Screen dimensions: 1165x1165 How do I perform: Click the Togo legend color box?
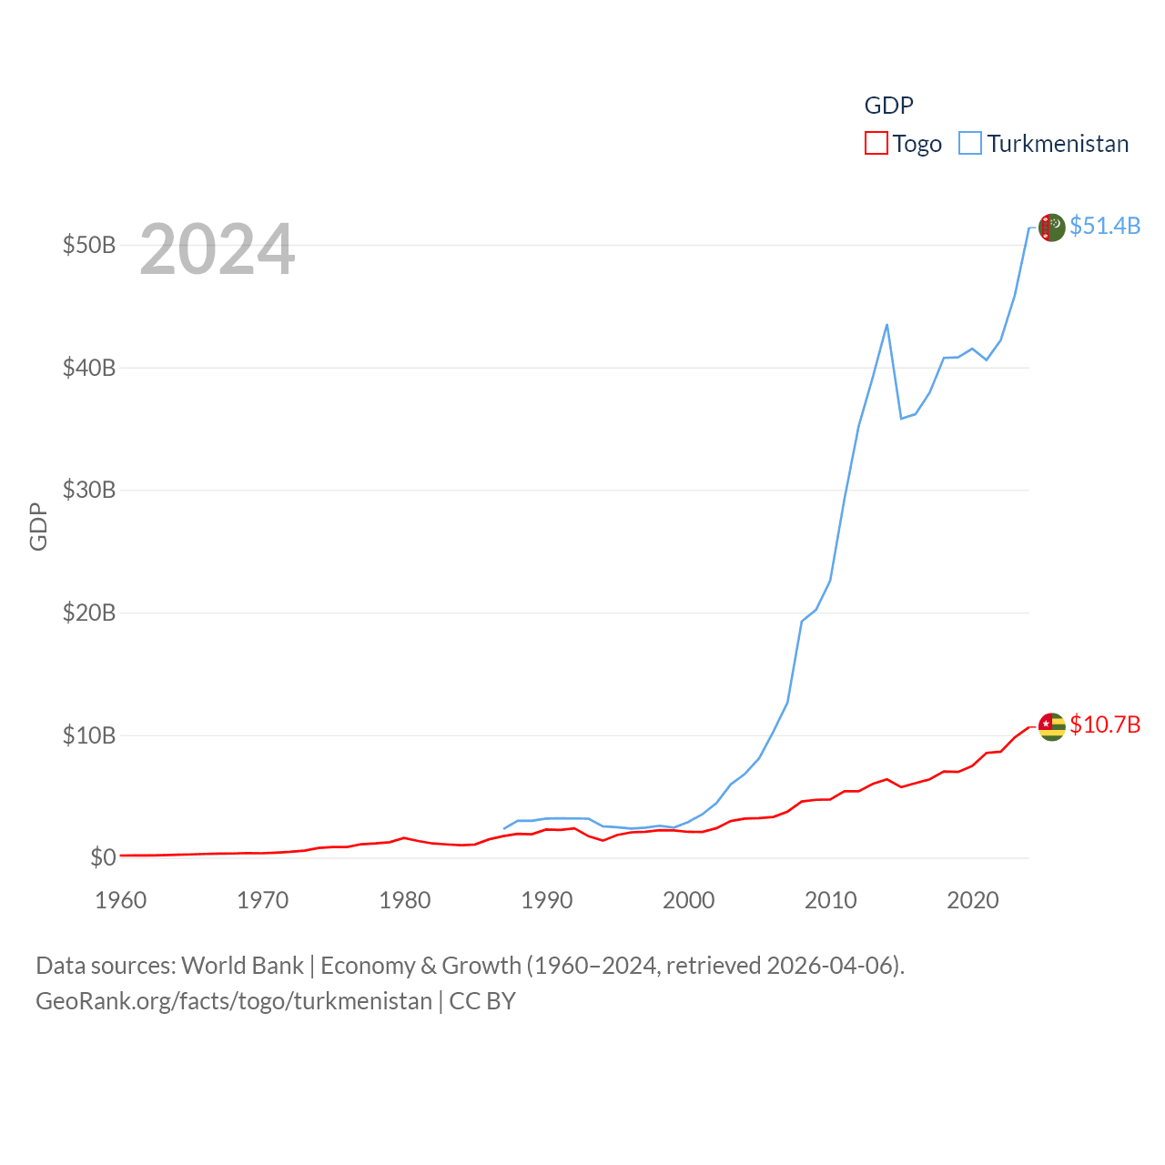[876, 144]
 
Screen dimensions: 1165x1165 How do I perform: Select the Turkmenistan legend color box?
[970, 144]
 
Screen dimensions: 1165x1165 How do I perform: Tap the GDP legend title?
[888, 106]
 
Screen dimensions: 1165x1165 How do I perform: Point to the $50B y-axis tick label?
[89, 246]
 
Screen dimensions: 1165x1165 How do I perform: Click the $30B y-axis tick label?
[89, 491]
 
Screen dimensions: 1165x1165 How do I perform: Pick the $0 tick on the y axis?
[103, 857]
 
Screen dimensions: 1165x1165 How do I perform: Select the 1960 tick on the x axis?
[121, 900]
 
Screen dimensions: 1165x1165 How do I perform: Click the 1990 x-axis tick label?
[547, 900]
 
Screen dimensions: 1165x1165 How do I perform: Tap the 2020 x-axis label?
[973, 900]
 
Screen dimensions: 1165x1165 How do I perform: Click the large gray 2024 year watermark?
[217, 249]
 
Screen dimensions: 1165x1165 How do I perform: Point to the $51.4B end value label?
[1105, 226]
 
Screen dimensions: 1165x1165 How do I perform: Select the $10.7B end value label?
[1105, 724]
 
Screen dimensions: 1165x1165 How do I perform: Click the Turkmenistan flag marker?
[1051, 228]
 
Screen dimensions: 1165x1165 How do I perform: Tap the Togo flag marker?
[1051, 726]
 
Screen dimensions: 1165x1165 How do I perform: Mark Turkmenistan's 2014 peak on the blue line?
[886, 325]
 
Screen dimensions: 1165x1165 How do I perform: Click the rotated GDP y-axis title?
[38, 526]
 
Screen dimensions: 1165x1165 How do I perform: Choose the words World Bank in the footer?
[242, 965]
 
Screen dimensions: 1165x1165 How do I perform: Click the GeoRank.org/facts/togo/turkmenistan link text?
[234, 1001]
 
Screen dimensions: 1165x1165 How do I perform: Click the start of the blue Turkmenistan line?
[504, 828]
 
